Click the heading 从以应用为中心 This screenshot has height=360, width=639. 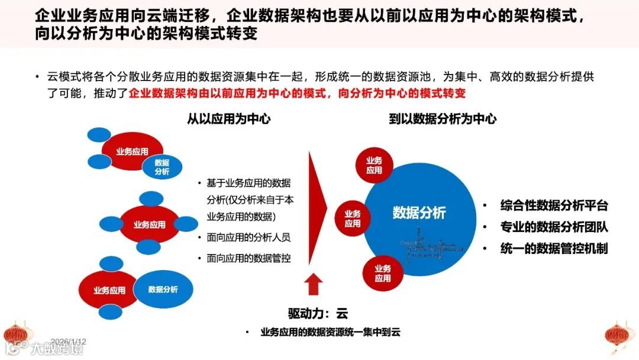[x=229, y=119]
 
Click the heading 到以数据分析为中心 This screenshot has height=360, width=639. [x=443, y=119]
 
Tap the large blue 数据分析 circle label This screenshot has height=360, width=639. [x=419, y=213]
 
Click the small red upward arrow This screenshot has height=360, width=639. [x=314, y=284]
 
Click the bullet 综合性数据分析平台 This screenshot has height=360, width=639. [x=554, y=206]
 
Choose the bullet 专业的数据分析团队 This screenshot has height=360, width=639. [x=554, y=227]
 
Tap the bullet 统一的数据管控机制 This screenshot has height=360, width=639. [x=554, y=248]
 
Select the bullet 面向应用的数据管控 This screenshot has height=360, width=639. [x=248, y=259]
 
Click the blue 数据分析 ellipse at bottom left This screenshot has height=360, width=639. [x=163, y=290]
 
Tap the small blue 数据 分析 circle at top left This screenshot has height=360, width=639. [x=162, y=167]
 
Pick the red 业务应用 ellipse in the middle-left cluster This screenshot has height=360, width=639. [x=149, y=225]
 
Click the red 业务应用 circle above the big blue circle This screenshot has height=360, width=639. [x=374, y=165]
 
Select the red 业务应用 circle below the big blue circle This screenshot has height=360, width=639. [x=382, y=274]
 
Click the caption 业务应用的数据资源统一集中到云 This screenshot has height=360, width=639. [x=330, y=333]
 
